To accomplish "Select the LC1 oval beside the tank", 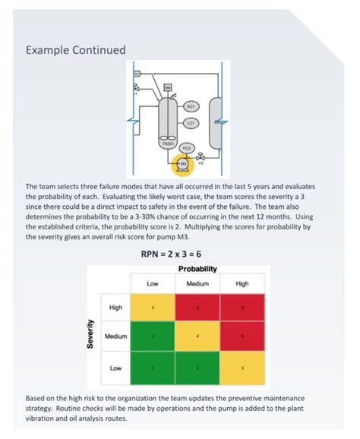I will [x=191, y=122].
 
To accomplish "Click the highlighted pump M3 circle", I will [x=182, y=162].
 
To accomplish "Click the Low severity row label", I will [x=115, y=368].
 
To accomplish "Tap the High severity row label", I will [x=115, y=307].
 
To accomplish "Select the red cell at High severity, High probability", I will [x=242, y=307].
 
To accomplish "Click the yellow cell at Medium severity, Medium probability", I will [x=197, y=335].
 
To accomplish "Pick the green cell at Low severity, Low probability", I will [x=153, y=368].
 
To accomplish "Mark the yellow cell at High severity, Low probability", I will [x=153, y=307].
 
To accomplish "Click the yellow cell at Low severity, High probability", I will [x=242, y=368].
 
